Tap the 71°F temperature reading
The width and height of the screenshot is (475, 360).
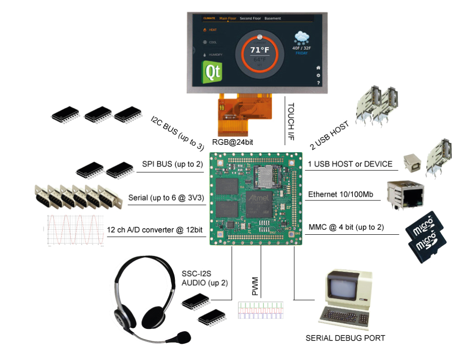click(x=259, y=50)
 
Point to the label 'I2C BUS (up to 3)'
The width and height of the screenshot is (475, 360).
click(x=177, y=133)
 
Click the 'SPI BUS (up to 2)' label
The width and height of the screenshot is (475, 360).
click(x=173, y=164)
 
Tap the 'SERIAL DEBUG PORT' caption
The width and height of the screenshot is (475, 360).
click(x=345, y=338)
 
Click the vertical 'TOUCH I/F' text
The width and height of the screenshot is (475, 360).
click(x=291, y=122)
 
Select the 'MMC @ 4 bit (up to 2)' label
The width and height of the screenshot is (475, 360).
click(x=346, y=227)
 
